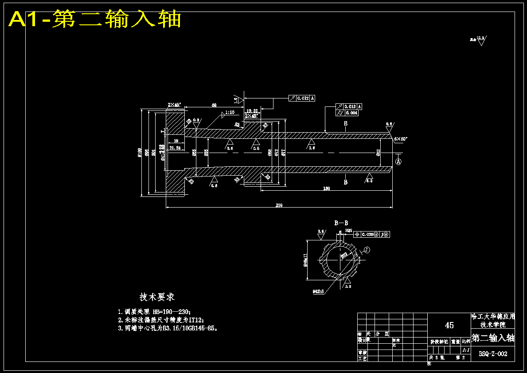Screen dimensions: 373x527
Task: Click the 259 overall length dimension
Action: coord(279,205)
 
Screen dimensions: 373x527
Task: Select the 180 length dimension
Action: coord(327,188)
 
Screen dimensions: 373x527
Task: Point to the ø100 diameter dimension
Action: coord(139,152)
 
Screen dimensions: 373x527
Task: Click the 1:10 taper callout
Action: coord(230,112)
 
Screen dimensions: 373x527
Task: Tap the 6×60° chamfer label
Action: coord(401,139)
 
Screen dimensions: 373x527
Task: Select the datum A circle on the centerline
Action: coord(398,162)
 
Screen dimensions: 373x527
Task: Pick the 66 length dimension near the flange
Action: coord(214,105)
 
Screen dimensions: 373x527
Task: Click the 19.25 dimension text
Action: coord(252,110)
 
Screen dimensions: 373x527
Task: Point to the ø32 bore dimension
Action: coord(378,153)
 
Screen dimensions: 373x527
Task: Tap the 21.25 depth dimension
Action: coord(175,147)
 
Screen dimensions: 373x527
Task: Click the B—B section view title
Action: coord(341,223)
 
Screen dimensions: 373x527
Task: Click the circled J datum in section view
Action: coord(367,250)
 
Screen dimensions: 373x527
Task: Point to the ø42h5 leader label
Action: coord(318,291)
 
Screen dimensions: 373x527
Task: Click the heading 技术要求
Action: coord(157,297)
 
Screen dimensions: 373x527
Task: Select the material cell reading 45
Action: coord(449,325)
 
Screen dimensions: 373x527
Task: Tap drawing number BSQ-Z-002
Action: coord(492,354)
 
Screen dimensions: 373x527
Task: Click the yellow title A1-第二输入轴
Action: coord(95,20)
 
